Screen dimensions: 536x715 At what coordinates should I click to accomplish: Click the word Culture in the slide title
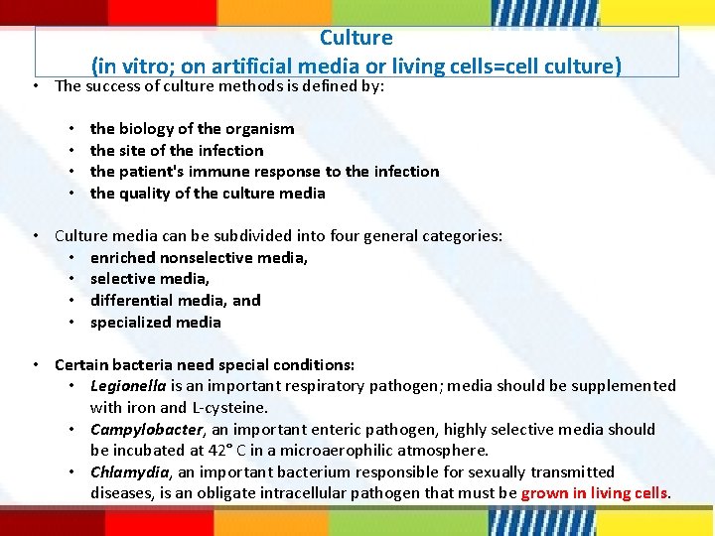coord(357,38)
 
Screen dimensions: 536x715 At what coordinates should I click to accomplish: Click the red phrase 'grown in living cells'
coord(595,493)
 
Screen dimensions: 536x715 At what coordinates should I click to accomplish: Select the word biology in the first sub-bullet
coord(149,129)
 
